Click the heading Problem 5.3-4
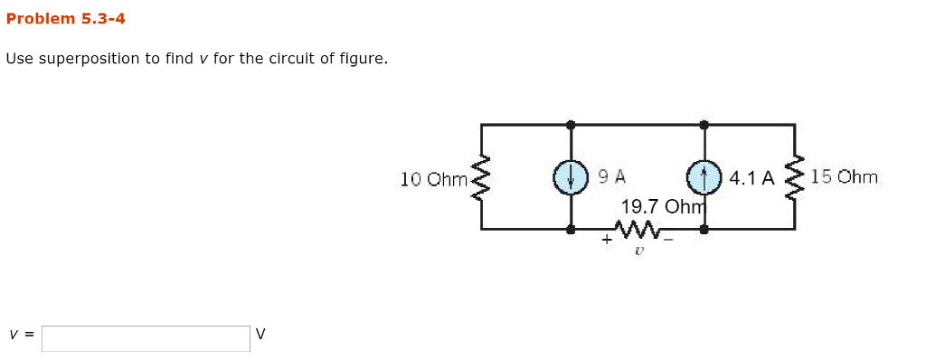click(65, 18)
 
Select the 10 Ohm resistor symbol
click(481, 178)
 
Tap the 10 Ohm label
click(433, 179)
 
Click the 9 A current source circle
click(570, 177)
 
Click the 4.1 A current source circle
click(703, 177)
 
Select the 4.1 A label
click(751, 178)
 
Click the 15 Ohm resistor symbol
click(795, 177)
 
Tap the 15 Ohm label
click(844, 177)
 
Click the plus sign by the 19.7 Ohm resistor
click(607, 241)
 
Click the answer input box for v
click(146, 338)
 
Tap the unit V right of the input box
click(260, 335)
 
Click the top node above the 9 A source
click(570, 124)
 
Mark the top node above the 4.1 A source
click(703, 124)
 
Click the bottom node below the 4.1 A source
click(703, 230)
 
